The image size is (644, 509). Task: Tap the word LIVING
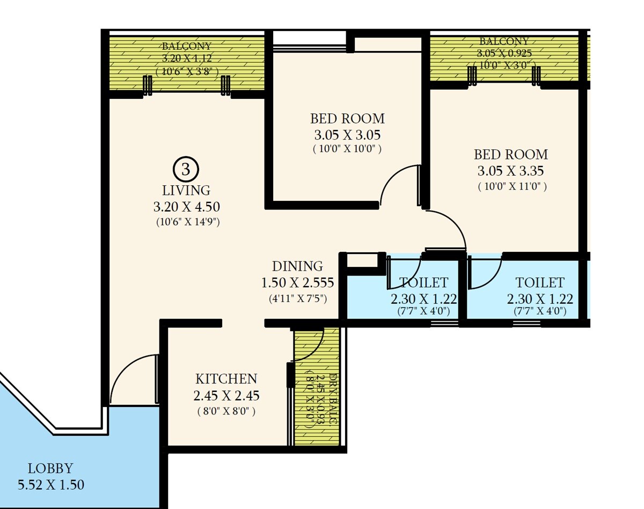[186, 190]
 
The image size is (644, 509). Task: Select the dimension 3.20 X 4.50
[186, 207]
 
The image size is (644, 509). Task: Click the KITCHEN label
[226, 379]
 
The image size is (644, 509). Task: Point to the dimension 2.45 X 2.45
[226, 396]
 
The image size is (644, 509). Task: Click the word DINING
[297, 266]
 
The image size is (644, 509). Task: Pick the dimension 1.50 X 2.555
[297, 282]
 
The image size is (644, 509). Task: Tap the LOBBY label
[50, 468]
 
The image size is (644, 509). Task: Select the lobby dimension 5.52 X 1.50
[51, 485]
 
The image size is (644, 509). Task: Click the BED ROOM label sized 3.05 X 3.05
[347, 118]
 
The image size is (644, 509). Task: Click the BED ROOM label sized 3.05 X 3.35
[511, 155]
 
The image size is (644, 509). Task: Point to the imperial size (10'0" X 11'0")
[511, 187]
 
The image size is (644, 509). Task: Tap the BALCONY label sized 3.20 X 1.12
[187, 46]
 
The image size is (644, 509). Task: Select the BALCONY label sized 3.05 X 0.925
[504, 41]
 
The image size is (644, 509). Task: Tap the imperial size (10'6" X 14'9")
[186, 221]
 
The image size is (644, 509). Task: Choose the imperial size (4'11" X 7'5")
[297, 297]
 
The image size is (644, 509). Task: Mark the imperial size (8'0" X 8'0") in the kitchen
[226, 411]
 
